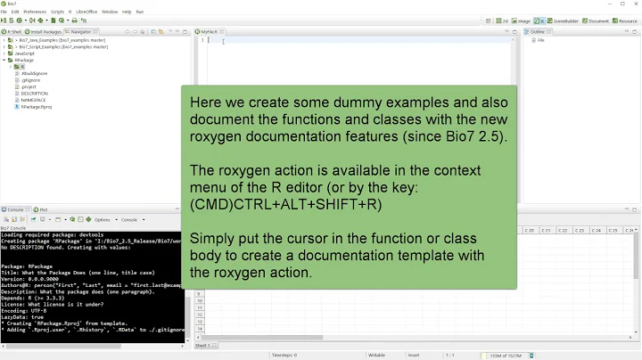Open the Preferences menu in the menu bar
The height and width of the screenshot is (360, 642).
[x=35, y=12]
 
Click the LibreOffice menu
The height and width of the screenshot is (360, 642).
[x=86, y=12]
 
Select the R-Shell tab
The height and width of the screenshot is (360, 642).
[x=14, y=31]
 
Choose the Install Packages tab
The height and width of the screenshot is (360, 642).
[x=46, y=31]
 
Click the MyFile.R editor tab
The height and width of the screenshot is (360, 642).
[x=210, y=31]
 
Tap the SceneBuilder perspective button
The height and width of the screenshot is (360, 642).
[x=564, y=20]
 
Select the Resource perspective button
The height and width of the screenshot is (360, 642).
[x=624, y=20]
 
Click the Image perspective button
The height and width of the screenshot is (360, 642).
[x=523, y=20]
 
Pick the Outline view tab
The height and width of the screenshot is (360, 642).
[x=537, y=31]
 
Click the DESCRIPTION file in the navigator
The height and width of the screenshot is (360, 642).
[x=34, y=94]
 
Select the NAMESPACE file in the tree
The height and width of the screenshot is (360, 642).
[x=33, y=100]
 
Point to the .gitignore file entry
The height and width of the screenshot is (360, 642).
[x=30, y=80]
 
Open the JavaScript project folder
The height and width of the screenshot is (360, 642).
[x=24, y=53]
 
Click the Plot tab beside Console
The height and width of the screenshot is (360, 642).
[x=42, y=209]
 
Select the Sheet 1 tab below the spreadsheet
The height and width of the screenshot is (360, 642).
[x=202, y=345]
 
